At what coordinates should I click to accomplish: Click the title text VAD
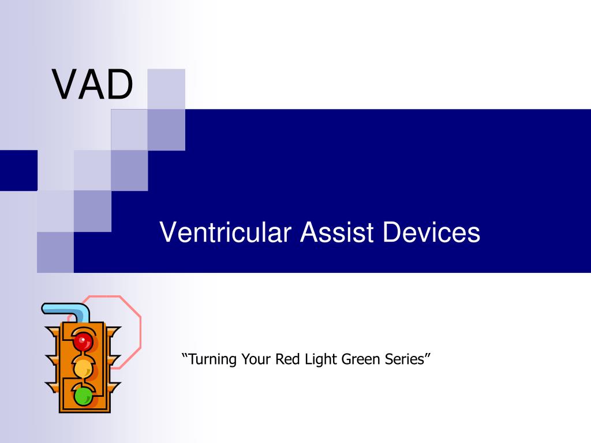[93, 84]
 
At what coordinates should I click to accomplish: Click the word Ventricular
[226, 232]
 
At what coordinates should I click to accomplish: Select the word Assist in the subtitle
[337, 232]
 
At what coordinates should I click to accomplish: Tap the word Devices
[431, 232]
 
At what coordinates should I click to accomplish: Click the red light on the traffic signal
[83, 341]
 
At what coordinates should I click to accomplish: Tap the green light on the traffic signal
[83, 396]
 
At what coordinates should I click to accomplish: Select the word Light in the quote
[321, 359]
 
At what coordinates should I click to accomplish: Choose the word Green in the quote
[361, 359]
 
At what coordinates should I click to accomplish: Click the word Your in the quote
[256, 359]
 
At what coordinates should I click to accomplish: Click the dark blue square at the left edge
[19, 170]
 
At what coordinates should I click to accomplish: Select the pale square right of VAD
[166, 89]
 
